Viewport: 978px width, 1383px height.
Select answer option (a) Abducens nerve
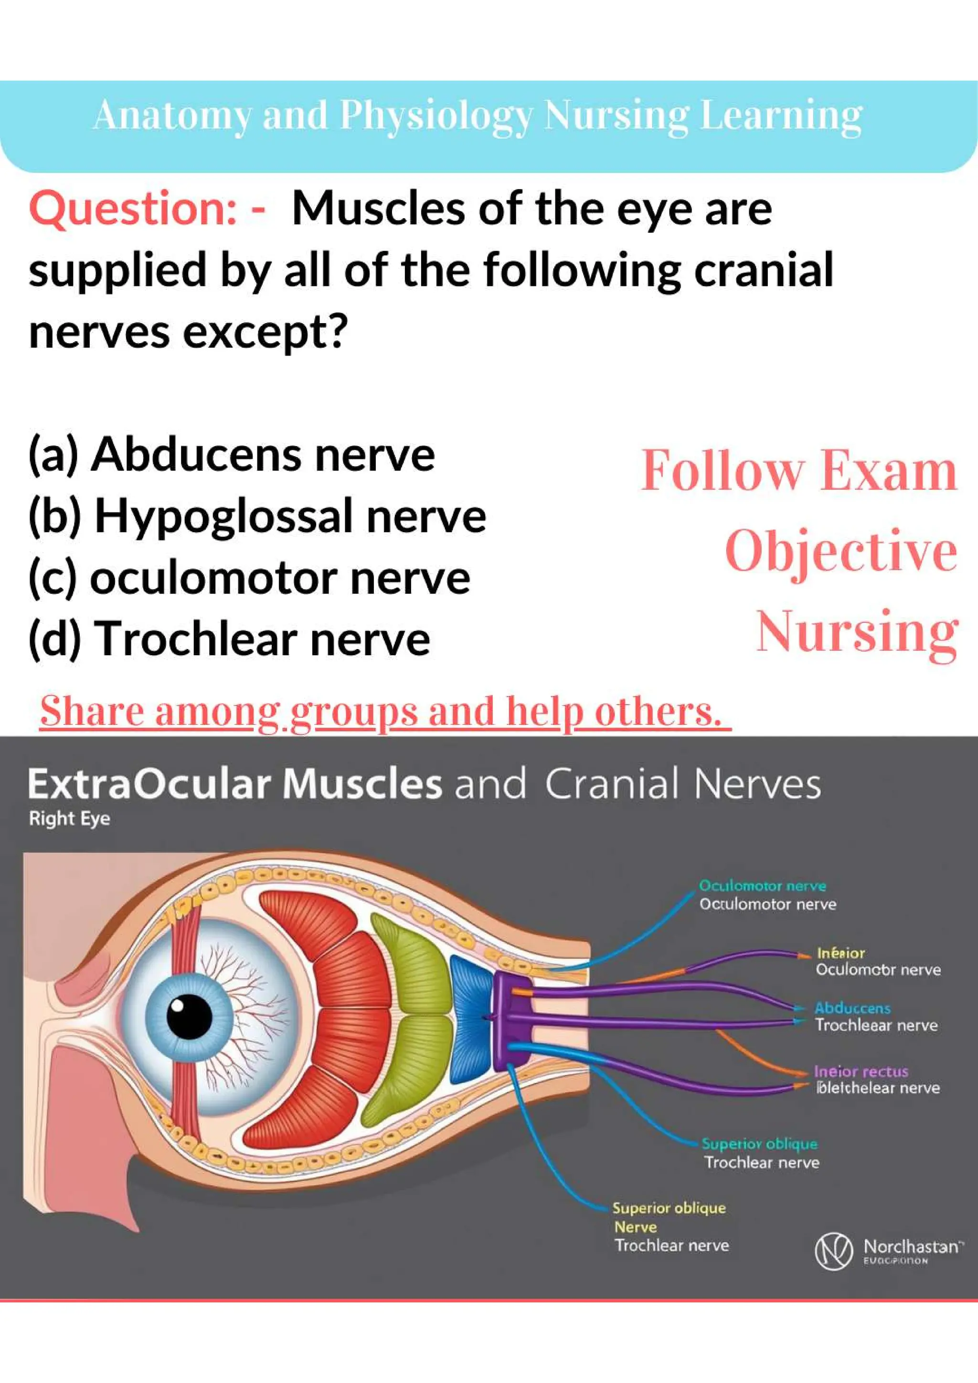(232, 455)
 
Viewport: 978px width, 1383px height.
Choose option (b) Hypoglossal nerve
(257, 517)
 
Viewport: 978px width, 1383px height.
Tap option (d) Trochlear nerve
(230, 639)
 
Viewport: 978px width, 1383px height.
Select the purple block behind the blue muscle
(509, 1018)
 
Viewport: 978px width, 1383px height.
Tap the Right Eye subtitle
(69, 818)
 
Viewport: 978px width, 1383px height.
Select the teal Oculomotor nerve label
(762, 885)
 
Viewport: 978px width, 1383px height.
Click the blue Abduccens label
(852, 1008)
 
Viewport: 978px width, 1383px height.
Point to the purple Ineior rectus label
(861, 1071)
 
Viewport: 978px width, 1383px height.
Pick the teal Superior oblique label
(759, 1143)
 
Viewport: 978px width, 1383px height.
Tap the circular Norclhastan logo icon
(833, 1252)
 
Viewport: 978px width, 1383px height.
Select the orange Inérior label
(840, 953)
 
